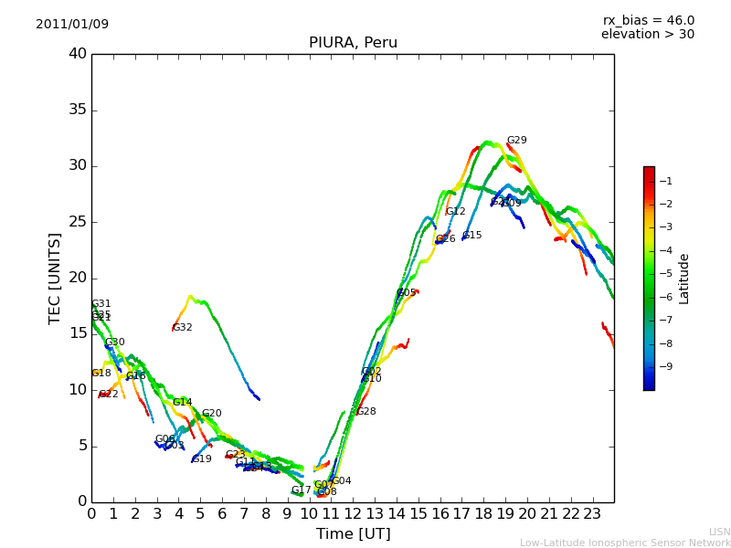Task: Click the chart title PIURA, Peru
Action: [x=353, y=43]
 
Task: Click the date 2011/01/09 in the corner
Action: [x=72, y=24]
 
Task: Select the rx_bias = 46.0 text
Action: [x=648, y=20]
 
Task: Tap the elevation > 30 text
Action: [x=648, y=35]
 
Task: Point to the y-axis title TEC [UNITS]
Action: [x=55, y=278]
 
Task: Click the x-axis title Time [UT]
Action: [x=353, y=534]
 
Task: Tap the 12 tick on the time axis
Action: [x=353, y=514]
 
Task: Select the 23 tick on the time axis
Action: [x=592, y=514]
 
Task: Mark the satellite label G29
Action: [x=517, y=141]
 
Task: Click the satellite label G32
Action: [x=183, y=328]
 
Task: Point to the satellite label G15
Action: [x=472, y=236]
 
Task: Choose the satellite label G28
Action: [x=366, y=412]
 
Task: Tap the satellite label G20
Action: [x=212, y=414]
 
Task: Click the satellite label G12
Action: [x=456, y=212]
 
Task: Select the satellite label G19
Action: [x=202, y=459]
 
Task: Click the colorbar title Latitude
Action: [x=684, y=279]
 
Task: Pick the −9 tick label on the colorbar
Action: [x=666, y=366]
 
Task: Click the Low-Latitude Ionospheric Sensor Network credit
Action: [x=625, y=543]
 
